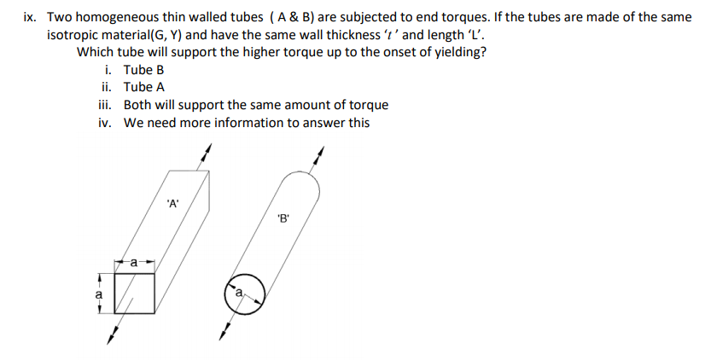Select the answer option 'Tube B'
click(x=143, y=69)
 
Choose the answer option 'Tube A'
click(x=143, y=87)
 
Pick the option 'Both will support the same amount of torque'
click(x=255, y=105)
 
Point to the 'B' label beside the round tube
click(x=284, y=218)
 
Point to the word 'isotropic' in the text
click(x=75, y=34)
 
